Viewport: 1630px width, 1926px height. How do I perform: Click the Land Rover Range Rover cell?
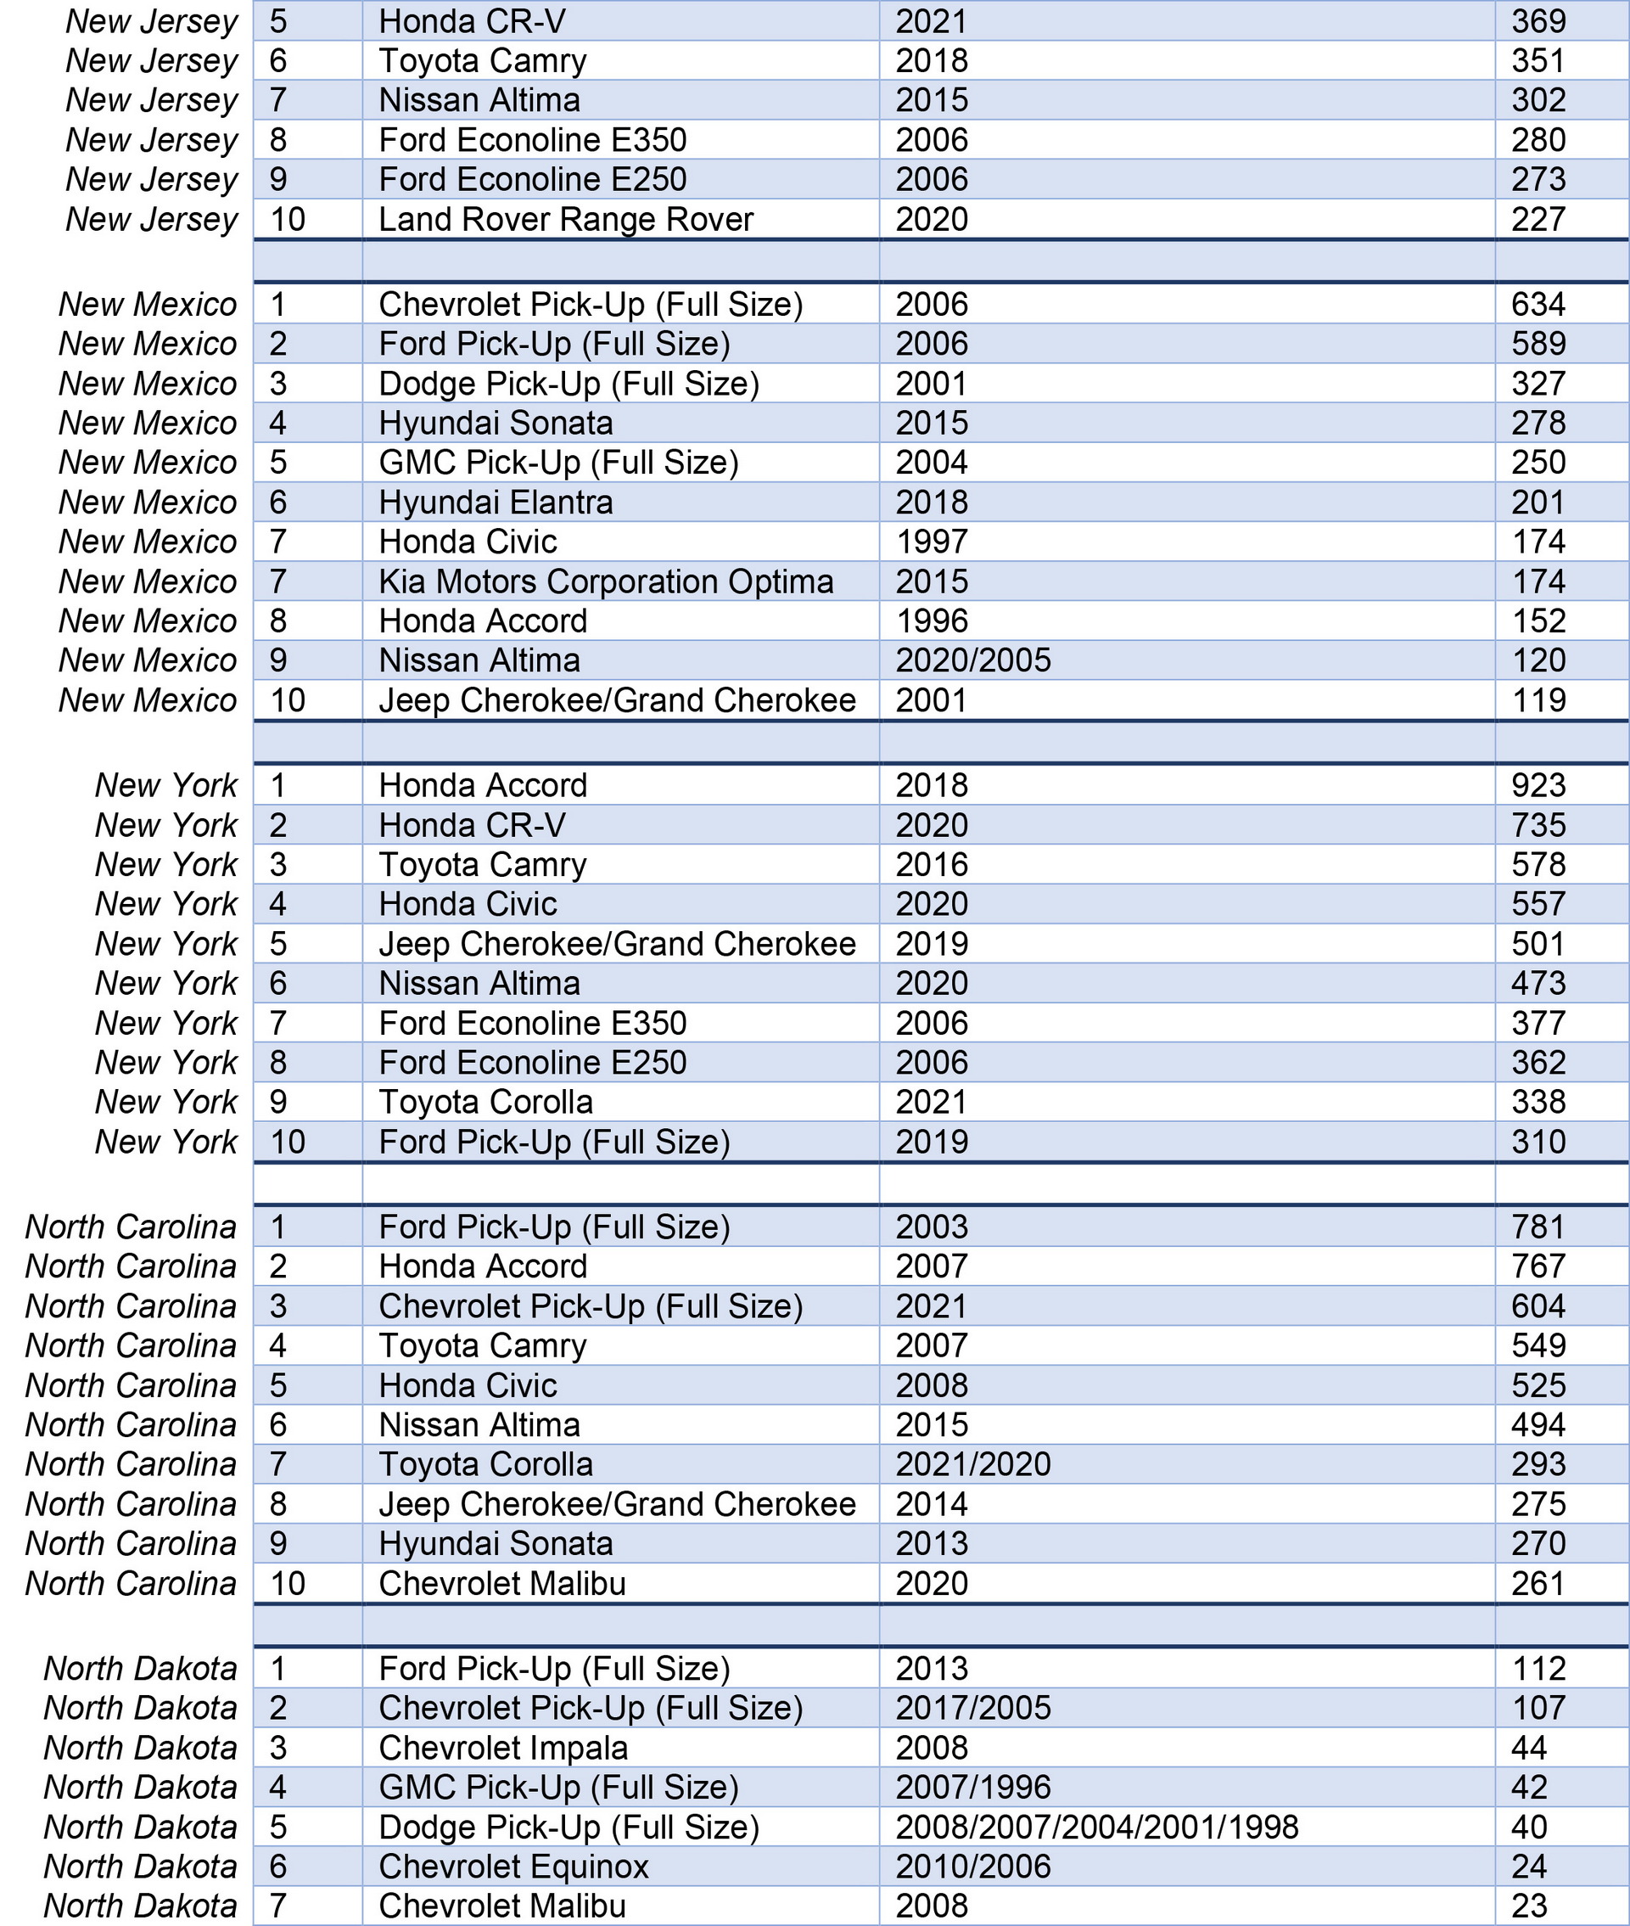pos(565,220)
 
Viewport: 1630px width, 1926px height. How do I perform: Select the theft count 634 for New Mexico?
pos(1538,304)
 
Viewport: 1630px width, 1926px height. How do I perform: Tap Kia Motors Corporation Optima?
pos(605,581)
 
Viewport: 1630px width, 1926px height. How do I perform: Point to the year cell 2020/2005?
pos(973,660)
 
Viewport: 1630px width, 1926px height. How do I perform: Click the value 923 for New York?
pos(1538,785)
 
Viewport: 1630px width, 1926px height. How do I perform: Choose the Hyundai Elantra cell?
pos(496,502)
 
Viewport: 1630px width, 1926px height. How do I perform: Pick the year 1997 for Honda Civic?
pos(932,542)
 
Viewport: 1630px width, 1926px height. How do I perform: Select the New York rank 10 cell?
pos(288,1142)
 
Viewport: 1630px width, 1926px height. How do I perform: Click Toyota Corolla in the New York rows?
pos(485,1102)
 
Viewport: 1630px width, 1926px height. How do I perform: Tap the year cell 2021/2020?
pos(973,1464)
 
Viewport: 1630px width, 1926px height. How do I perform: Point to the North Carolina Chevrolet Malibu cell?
pos(501,1583)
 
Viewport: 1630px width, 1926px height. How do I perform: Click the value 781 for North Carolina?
pos(1538,1227)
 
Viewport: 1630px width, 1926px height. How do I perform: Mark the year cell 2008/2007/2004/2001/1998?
pos(1097,1828)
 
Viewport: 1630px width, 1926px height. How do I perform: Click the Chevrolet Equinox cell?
pos(513,1867)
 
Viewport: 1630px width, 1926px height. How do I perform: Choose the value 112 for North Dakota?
pos(1538,1668)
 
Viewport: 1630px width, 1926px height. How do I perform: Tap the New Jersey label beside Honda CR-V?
pos(152,21)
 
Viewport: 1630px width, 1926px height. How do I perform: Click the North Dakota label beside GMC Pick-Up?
pos(141,1788)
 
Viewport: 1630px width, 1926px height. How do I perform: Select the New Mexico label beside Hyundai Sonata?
pos(148,424)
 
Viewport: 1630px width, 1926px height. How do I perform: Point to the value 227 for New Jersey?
pos(1538,220)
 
